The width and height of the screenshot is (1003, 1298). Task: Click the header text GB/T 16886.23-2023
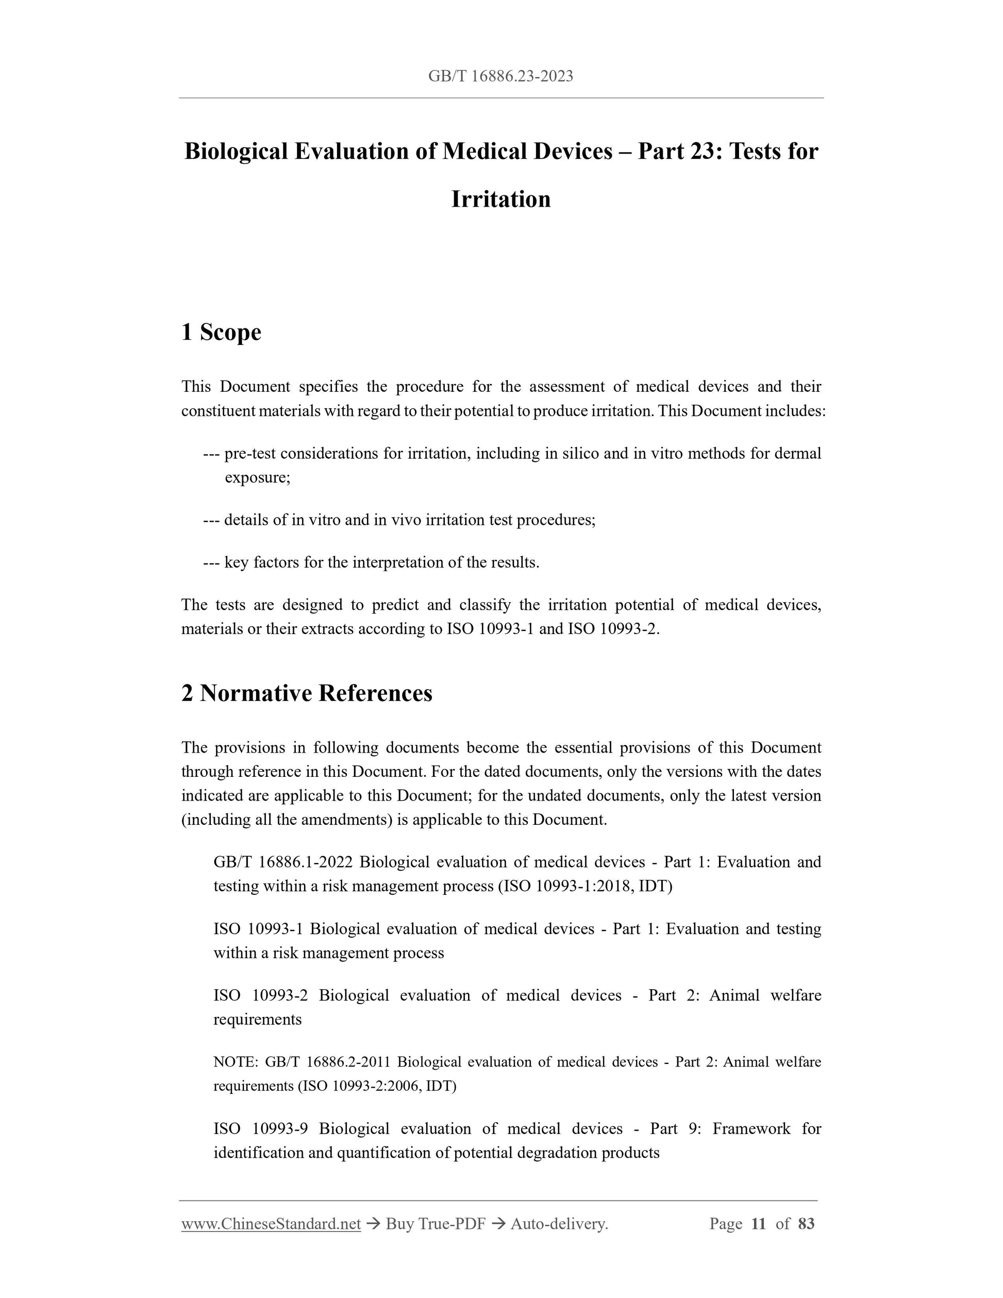[501, 76]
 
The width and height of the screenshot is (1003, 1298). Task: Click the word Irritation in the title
[501, 199]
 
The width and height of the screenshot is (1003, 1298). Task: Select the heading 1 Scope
[221, 331]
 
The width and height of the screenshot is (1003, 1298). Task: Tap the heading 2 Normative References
[307, 693]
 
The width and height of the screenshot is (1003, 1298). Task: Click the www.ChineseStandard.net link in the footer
[271, 1224]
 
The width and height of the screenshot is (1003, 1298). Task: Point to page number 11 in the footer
[758, 1224]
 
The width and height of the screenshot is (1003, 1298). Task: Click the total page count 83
[806, 1224]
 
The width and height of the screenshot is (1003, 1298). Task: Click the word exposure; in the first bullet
[257, 477]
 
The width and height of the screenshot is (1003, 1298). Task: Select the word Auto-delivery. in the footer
[559, 1224]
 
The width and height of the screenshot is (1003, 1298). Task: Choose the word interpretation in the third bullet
[397, 562]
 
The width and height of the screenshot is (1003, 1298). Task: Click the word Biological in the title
[236, 152]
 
